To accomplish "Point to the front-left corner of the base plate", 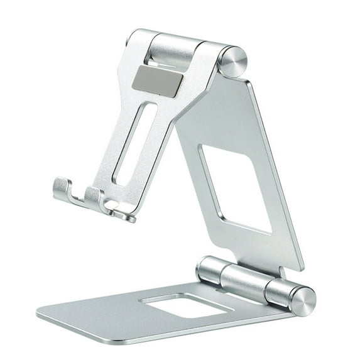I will pyautogui.click(x=41, y=312).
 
